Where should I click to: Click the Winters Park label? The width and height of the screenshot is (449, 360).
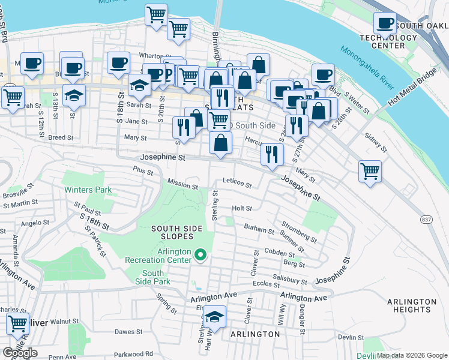click(88, 190)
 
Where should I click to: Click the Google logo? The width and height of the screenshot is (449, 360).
click(20, 353)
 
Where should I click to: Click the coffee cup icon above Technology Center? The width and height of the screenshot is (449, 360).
click(385, 23)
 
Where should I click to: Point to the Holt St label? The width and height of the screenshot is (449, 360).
click(242, 208)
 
